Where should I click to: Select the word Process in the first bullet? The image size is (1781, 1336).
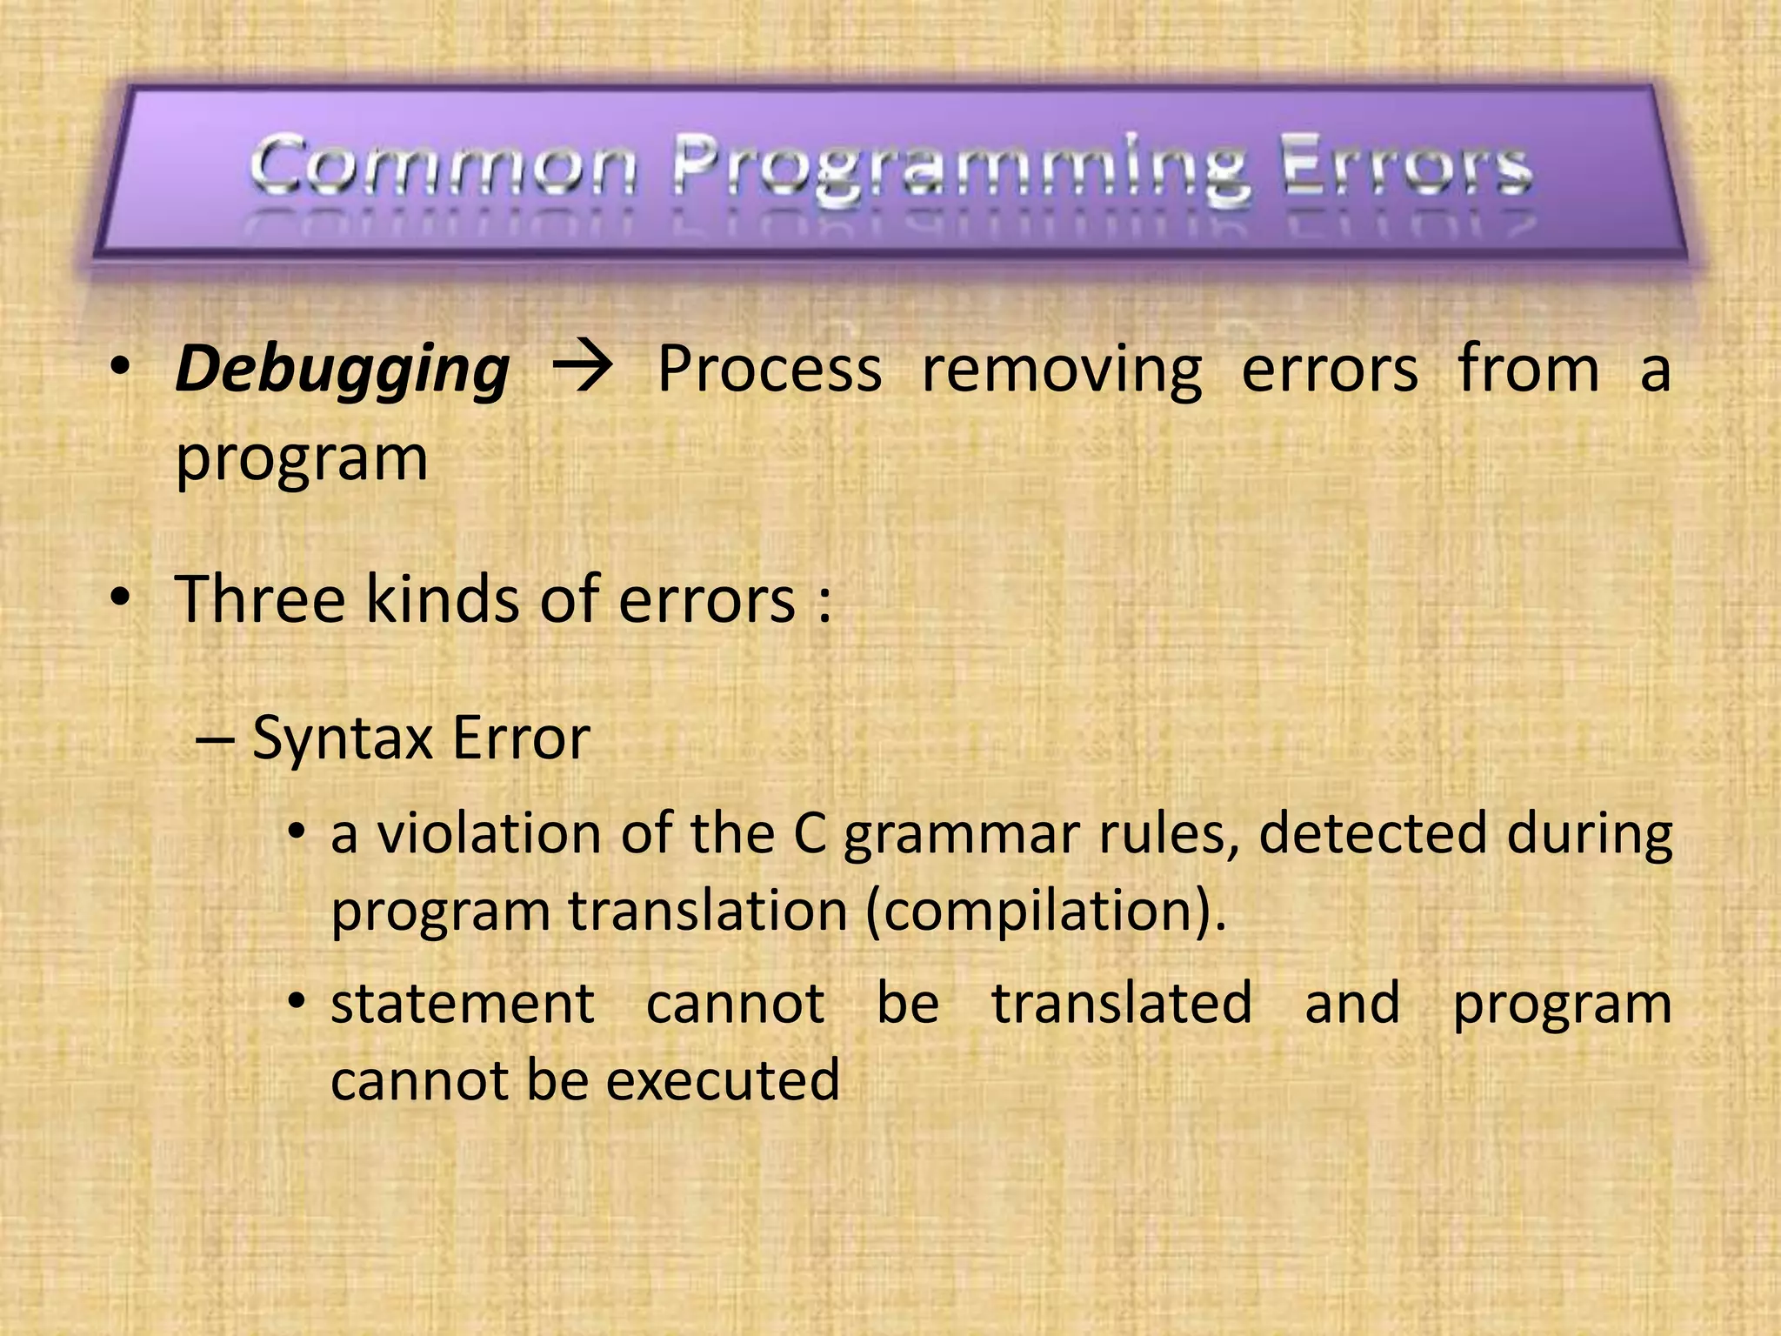click(770, 369)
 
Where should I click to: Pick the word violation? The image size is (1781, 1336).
click(489, 833)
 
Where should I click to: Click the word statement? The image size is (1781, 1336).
click(463, 1004)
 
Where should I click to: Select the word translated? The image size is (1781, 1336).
click(1122, 1004)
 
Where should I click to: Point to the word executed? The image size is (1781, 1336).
click(723, 1081)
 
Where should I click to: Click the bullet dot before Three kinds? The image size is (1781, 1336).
click(120, 598)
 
